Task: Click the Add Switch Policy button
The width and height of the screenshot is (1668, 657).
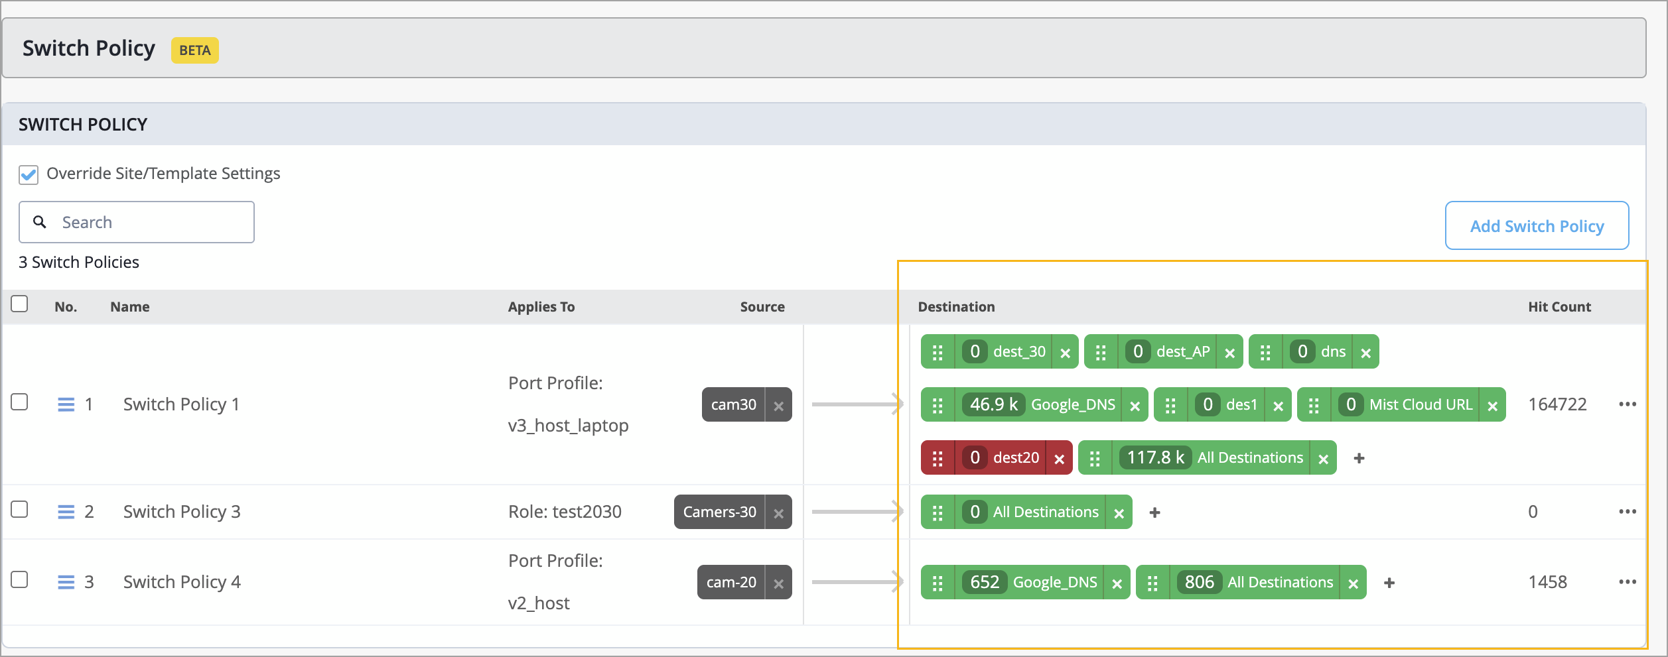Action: (x=1537, y=225)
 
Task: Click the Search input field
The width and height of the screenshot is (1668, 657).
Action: (x=137, y=222)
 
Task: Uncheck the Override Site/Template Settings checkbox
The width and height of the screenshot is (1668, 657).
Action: (x=29, y=174)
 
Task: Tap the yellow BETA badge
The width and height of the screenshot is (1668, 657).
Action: (x=195, y=50)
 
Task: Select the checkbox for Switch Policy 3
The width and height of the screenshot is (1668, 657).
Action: (x=20, y=509)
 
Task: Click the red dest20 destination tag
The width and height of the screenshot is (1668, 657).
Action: (x=997, y=457)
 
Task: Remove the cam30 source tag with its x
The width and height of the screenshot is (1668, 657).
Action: (x=779, y=405)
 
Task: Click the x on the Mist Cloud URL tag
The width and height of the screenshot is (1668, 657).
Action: (x=1492, y=406)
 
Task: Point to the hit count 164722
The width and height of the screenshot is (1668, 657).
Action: (x=1557, y=404)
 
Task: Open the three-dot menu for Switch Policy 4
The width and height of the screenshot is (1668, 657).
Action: (x=1628, y=582)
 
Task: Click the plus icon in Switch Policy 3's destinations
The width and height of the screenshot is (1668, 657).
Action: (x=1154, y=512)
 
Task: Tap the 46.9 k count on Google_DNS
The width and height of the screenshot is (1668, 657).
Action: (x=993, y=404)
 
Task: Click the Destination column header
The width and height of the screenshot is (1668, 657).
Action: (x=956, y=306)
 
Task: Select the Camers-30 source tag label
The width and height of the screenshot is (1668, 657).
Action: (x=719, y=512)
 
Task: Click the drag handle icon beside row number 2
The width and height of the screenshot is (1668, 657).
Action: (x=66, y=512)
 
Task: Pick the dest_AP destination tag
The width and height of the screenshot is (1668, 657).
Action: (x=1163, y=351)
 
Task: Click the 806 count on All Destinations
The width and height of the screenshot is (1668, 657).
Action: (x=1200, y=582)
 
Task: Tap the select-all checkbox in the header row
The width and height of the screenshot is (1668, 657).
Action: (x=20, y=304)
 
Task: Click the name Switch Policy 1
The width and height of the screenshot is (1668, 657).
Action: (x=181, y=404)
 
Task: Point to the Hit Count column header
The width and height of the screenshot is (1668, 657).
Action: (x=1559, y=306)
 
